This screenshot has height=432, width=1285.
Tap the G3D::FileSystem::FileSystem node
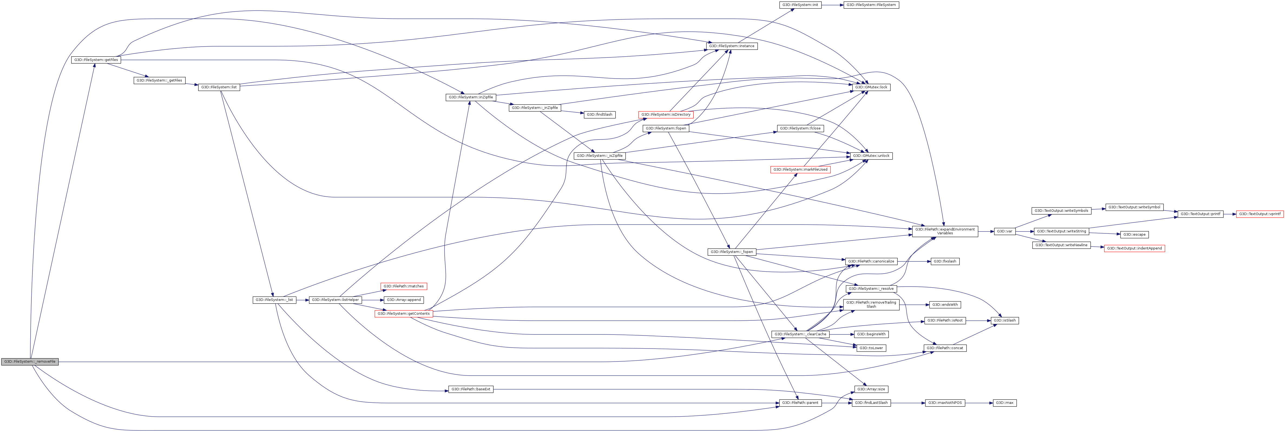tap(871, 5)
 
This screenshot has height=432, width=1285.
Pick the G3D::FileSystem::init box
tap(800, 5)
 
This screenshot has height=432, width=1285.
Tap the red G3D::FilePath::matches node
tap(403, 287)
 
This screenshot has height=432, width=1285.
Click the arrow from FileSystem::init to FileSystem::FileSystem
tap(832, 5)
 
